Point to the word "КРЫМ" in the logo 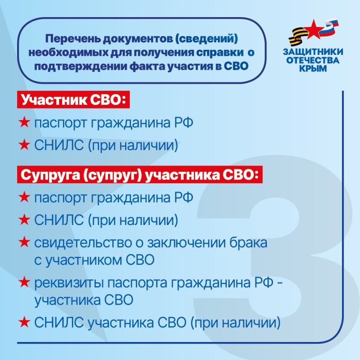[313, 68]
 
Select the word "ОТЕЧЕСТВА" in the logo [313, 60]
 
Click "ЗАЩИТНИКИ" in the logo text [313, 52]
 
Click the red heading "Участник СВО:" [72, 100]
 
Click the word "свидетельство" [78, 243]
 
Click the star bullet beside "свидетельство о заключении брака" [24, 243]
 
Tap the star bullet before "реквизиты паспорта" [24, 283]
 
